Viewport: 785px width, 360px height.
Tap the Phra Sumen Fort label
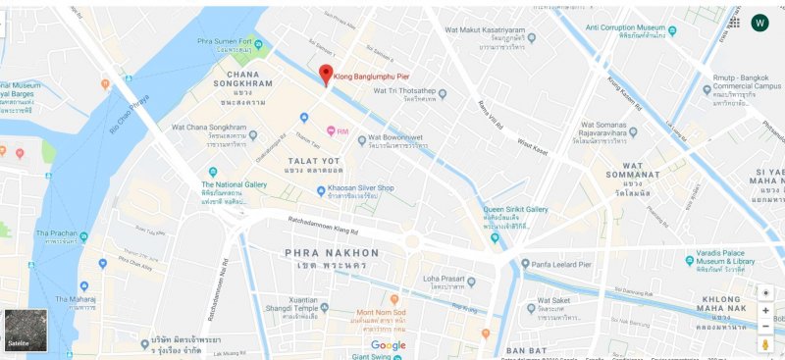tap(232, 41)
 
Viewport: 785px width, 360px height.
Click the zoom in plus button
tap(765, 310)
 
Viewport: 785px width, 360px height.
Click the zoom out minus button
tap(765, 327)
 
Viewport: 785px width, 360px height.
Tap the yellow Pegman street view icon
tap(765, 345)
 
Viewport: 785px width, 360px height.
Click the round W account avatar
tap(759, 23)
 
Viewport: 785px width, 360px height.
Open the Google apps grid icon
tap(734, 23)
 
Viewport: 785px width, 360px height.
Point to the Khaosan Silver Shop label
tap(360, 188)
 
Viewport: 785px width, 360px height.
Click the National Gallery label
tap(235, 184)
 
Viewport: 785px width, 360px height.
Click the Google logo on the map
tap(388, 345)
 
